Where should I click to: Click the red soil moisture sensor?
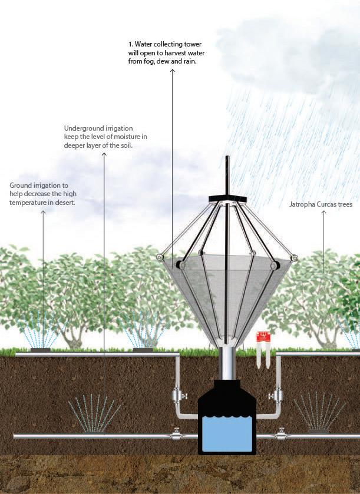tap(262, 337)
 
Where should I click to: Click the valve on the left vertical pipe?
tap(177, 394)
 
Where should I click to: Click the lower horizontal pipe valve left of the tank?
tap(175, 436)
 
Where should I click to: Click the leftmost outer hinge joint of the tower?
tap(160, 257)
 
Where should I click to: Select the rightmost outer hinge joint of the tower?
tap(294, 258)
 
